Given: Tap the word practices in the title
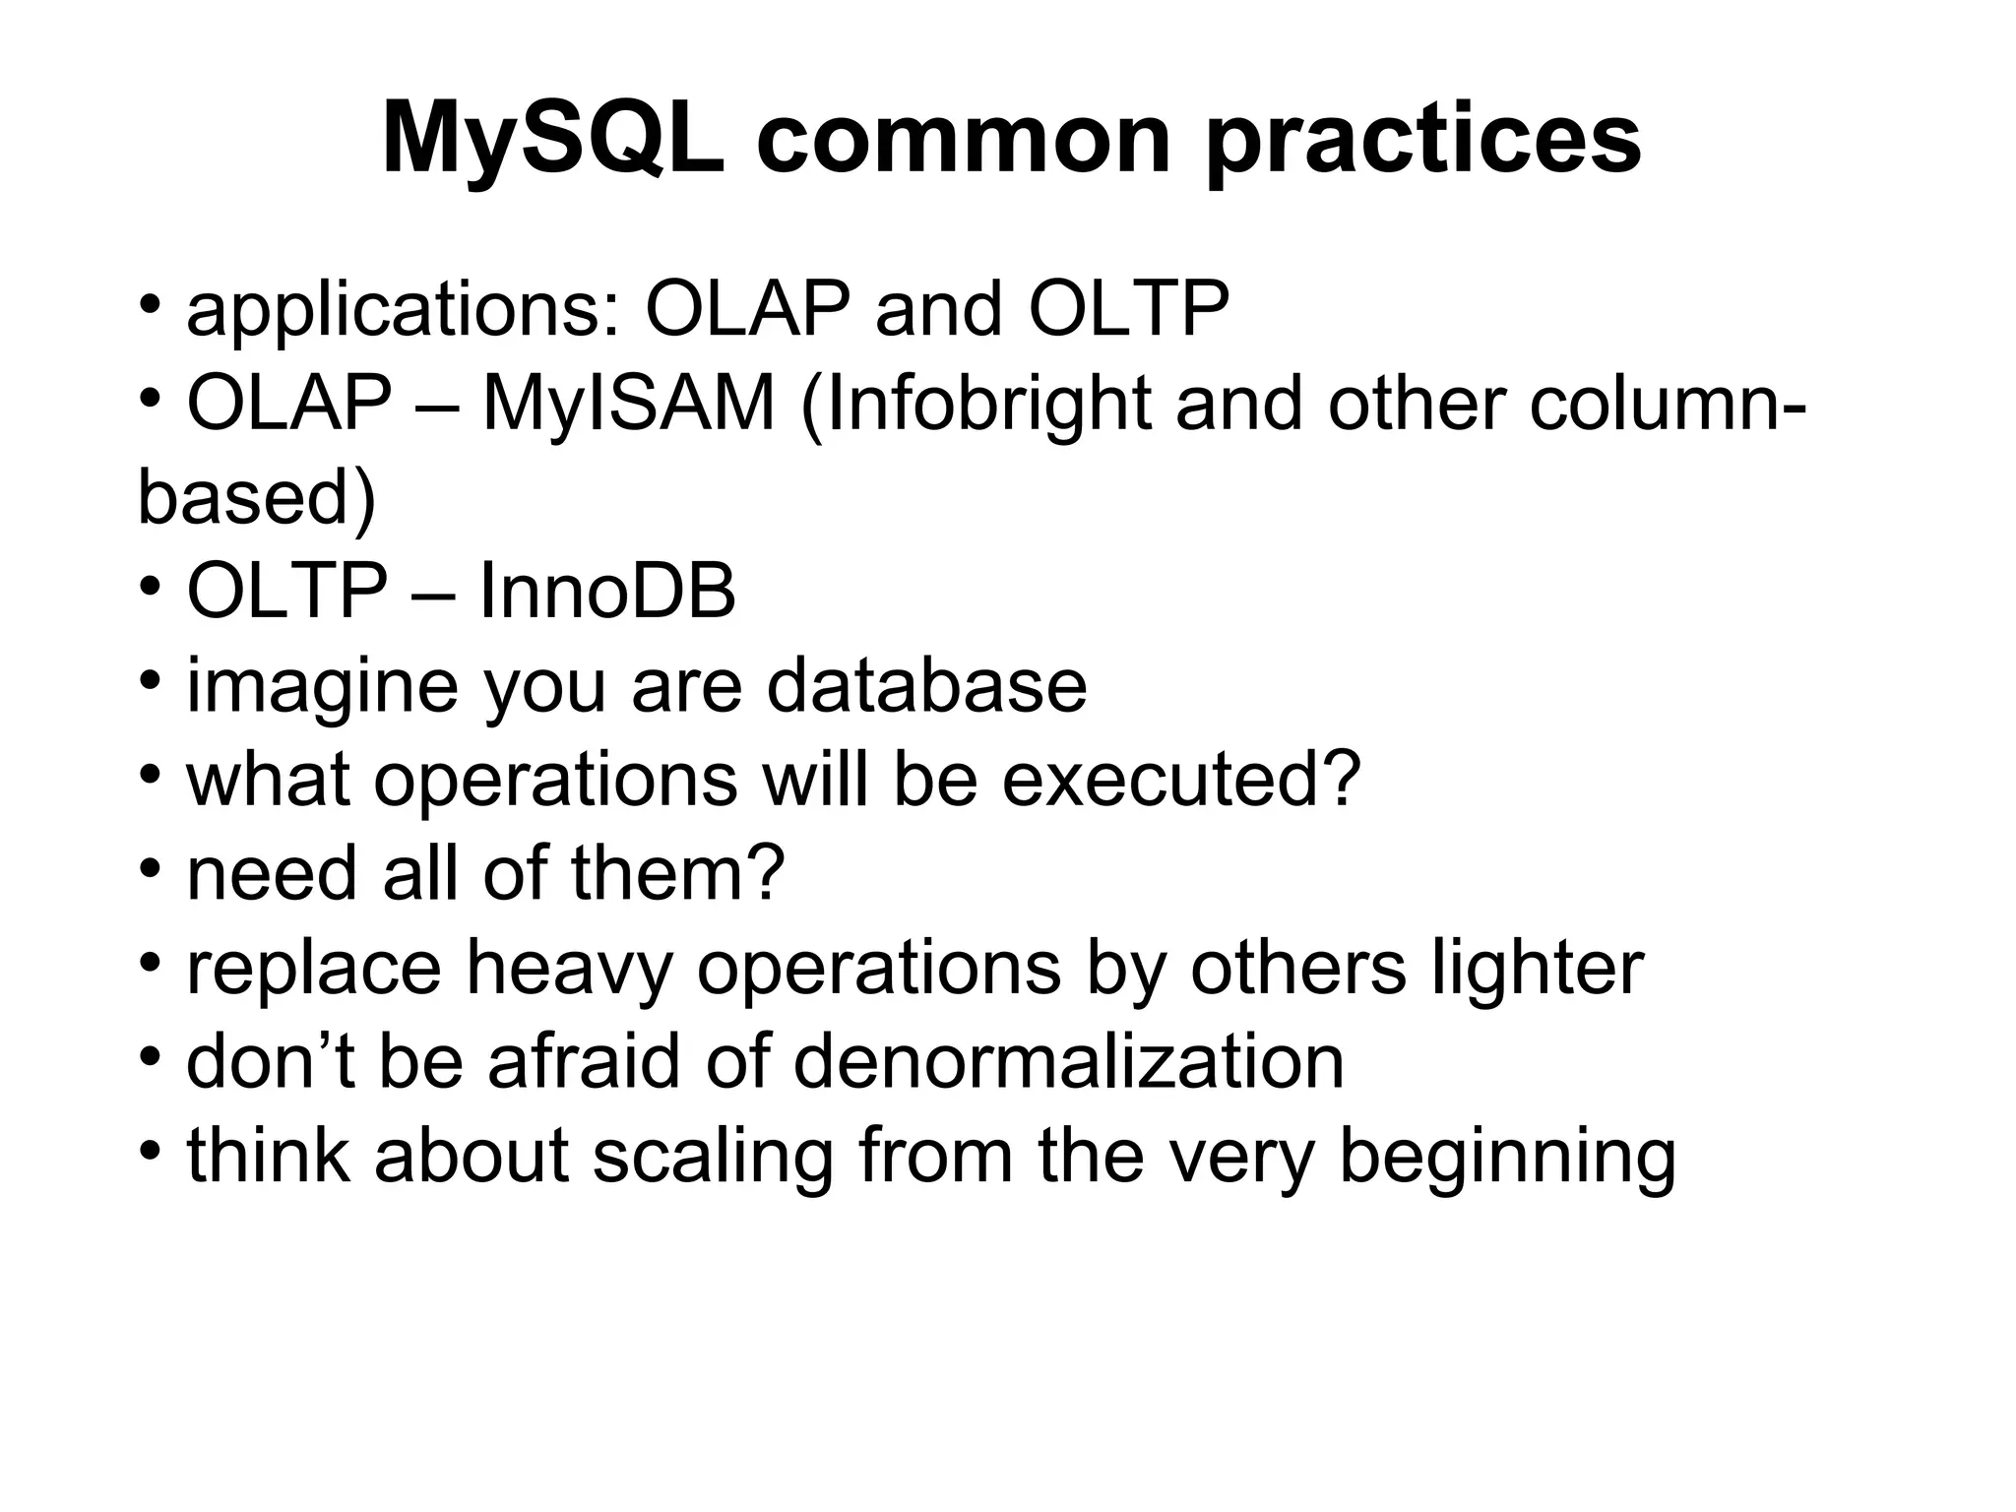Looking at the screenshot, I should coord(1423,140).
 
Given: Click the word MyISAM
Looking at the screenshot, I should coord(628,405).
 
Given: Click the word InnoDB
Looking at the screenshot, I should coord(607,593).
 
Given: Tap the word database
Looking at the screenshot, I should coord(926,686).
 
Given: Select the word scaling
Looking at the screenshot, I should coord(715,1156).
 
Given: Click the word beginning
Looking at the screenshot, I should coord(1507,1156).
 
